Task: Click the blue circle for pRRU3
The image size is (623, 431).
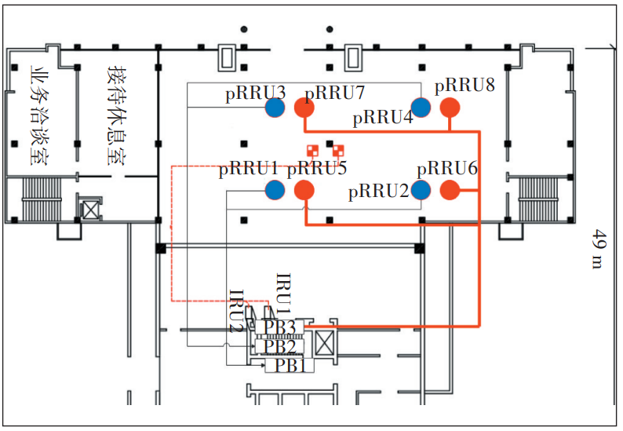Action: coord(275,107)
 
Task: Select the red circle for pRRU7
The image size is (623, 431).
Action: coord(304,108)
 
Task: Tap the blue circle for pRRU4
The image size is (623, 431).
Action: coord(421,107)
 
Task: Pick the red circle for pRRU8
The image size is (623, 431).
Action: coord(450,107)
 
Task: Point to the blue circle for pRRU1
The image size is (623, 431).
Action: coord(275,189)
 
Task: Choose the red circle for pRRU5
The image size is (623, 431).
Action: coord(304,190)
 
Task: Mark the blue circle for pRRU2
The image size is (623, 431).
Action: coord(421,189)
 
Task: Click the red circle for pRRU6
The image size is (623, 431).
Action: coord(450,190)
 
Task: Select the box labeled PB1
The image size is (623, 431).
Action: coord(278,364)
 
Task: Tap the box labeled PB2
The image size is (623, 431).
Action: coord(279,345)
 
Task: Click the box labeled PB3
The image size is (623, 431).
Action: coord(279,327)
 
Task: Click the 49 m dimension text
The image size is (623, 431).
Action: coord(599,250)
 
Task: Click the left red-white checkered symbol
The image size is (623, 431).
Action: coord(312,151)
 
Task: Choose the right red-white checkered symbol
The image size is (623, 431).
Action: coord(339,151)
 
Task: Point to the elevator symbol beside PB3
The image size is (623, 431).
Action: coord(324,343)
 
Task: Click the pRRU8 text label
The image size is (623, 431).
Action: coord(465,85)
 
